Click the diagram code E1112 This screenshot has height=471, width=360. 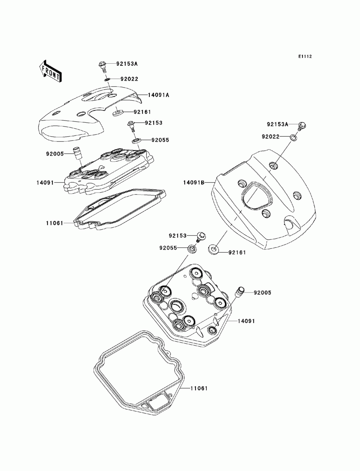click(x=305, y=56)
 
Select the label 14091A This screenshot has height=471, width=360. click(x=158, y=95)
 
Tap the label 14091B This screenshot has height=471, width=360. click(x=194, y=182)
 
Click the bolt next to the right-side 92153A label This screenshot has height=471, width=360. click(x=302, y=126)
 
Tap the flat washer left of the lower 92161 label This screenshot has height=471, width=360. click(x=214, y=248)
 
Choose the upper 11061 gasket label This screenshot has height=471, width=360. click(x=55, y=223)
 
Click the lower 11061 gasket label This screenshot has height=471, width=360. click(x=199, y=389)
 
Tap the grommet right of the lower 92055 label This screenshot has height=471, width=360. click(x=193, y=248)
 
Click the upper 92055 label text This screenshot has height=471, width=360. click(x=160, y=140)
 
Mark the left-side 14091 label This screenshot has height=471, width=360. click(x=45, y=182)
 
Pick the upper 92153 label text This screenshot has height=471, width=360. click(x=154, y=123)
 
